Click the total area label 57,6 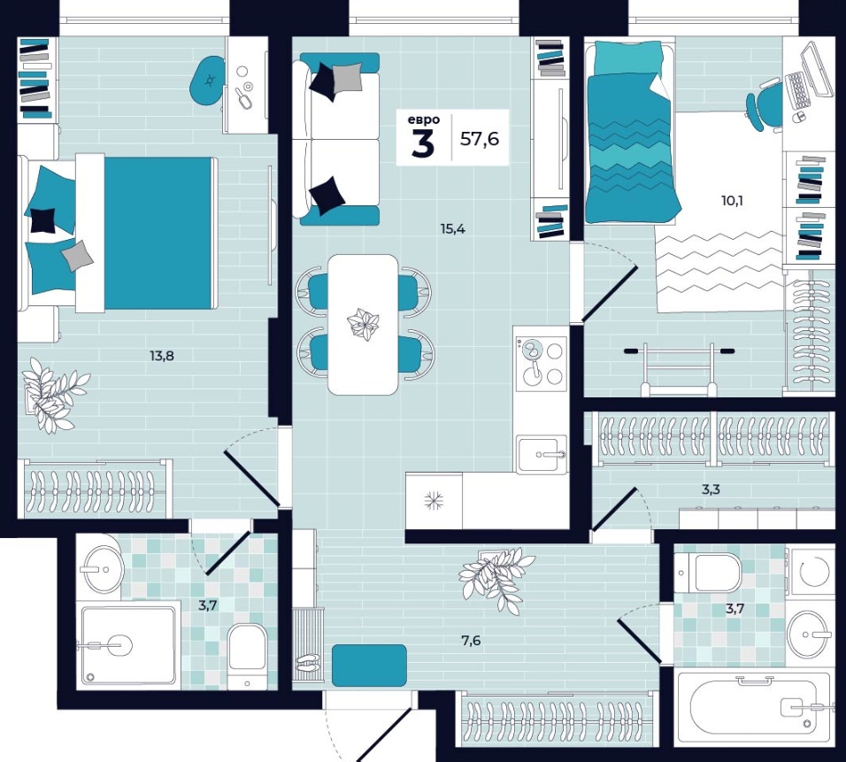(479, 139)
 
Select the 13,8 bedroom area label (162, 356)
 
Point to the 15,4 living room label (453, 229)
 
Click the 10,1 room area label (732, 201)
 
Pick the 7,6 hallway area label (471, 641)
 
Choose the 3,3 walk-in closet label (711, 490)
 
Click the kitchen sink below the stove (542, 454)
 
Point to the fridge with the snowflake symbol (434, 500)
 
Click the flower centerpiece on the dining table (363, 324)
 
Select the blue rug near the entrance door (369, 666)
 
